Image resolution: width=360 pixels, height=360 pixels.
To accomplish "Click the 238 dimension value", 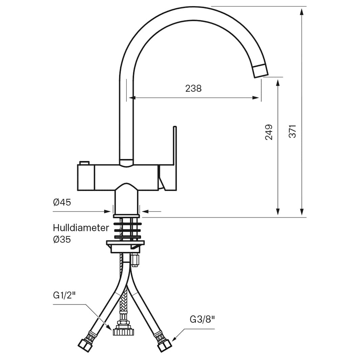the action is click(x=193, y=88).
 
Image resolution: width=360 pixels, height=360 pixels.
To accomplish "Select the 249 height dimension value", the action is click(x=269, y=132).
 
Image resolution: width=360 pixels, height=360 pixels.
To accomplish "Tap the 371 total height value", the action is click(x=292, y=131).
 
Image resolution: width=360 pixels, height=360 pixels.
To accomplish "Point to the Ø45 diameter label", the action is click(x=62, y=202).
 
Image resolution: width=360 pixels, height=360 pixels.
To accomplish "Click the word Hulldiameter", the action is click(x=81, y=228).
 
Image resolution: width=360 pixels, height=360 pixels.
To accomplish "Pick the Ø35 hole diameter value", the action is click(x=62, y=239).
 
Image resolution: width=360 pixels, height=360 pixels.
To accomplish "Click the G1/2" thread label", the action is click(x=64, y=295).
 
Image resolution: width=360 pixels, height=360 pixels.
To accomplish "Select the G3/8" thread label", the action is click(x=202, y=319).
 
